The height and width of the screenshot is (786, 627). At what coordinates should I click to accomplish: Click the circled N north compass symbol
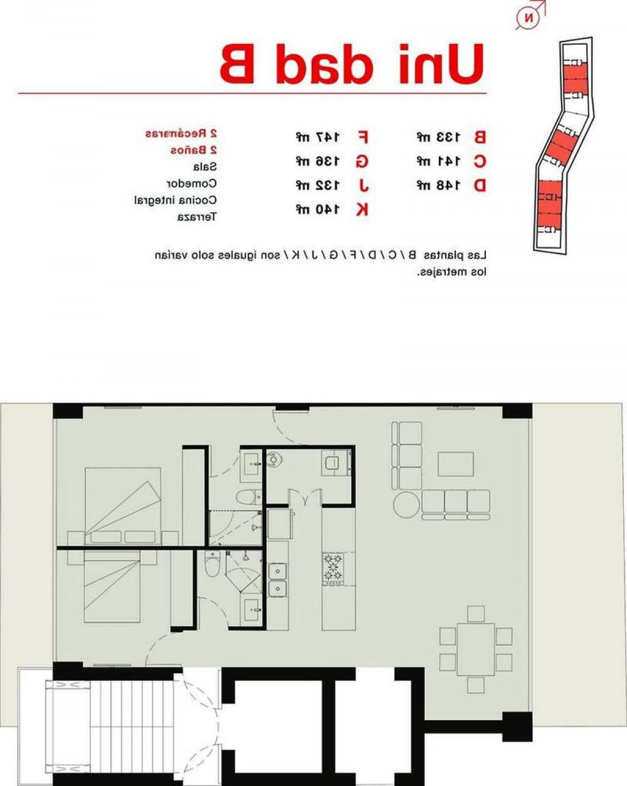pos(529,18)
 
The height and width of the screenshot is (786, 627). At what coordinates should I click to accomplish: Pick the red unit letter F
pos(362,137)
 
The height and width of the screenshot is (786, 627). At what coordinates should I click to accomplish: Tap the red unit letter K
pos(362,210)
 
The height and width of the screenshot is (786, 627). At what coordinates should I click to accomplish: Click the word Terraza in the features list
pos(196,217)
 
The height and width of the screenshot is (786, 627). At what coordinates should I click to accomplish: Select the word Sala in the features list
pos(204,167)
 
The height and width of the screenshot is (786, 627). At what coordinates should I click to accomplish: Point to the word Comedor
pos(191,183)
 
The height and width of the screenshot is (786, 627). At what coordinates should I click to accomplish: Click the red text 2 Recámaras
pos(181,133)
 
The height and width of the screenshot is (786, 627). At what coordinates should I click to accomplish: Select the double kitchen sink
pos(277,580)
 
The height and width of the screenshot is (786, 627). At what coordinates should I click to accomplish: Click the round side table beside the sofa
pos(407,505)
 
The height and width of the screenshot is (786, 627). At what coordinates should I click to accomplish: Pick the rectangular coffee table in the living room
pos(456,464)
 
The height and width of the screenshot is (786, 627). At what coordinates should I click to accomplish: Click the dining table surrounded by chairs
pos(475,649)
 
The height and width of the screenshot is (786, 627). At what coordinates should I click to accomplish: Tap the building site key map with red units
pos(563,146)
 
